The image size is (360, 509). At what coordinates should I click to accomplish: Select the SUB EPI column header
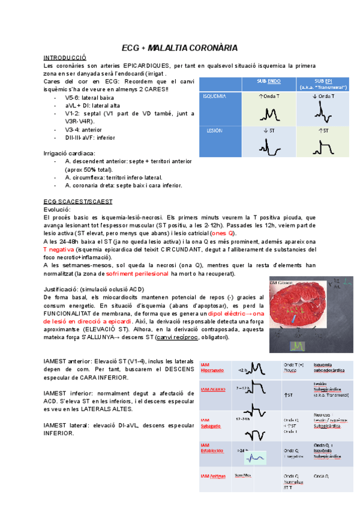323,83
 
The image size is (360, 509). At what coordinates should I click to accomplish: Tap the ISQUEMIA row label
215,96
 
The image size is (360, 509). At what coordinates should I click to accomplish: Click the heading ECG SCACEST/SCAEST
83,201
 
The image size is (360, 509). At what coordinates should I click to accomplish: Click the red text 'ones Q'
223,233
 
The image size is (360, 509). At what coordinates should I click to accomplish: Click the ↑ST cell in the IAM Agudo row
290,395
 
